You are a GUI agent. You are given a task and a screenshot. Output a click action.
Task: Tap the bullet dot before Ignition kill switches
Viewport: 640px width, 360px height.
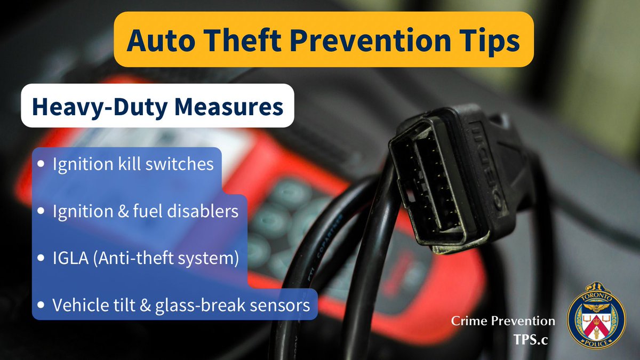click(42, 165)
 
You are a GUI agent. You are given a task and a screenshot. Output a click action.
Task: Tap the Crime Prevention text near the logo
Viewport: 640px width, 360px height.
click(503, 321)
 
